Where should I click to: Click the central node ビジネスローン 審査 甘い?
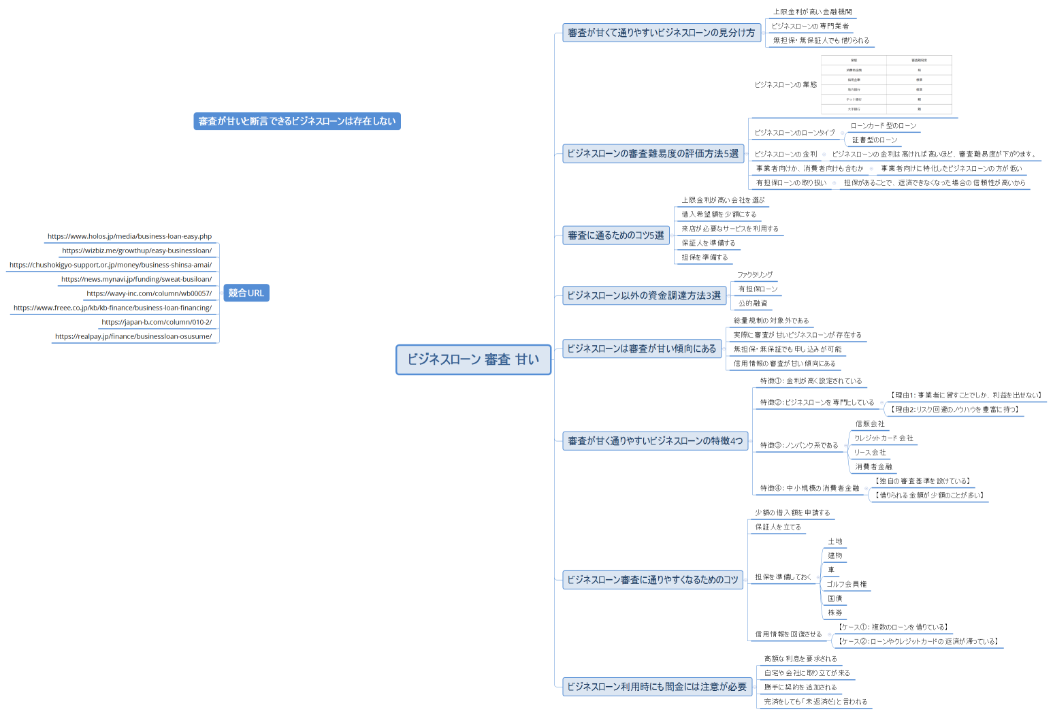tap(473, 359)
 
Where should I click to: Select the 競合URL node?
tap(246, 293)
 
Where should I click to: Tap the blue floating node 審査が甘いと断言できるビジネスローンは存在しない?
tap(297, 121)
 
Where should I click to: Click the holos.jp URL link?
tap(129, 236)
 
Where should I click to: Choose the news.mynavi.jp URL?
tap(136, 279)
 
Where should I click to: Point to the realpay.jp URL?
tap(133, 336)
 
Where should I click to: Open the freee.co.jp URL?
tap(112, 308)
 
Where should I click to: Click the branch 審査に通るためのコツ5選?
tap(615, 236)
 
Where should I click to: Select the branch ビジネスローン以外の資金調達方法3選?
tap(644, 295)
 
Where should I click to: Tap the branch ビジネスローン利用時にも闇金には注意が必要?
tap(657, 687)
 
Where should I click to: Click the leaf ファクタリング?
tap(755, 275)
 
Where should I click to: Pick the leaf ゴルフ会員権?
tap(846, 584)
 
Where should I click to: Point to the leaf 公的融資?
tap(753, 304)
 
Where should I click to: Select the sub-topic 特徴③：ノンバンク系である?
tap(799, 445)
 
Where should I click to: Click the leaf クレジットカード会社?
tap(884, 438)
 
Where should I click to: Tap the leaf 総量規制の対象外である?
tap(771, 321)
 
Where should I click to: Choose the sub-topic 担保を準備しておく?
tap(783, 577)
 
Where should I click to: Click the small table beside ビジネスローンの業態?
tap(886, 85)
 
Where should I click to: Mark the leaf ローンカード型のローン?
tap(884, 126)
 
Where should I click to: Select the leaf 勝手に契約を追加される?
tap(800, 687)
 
